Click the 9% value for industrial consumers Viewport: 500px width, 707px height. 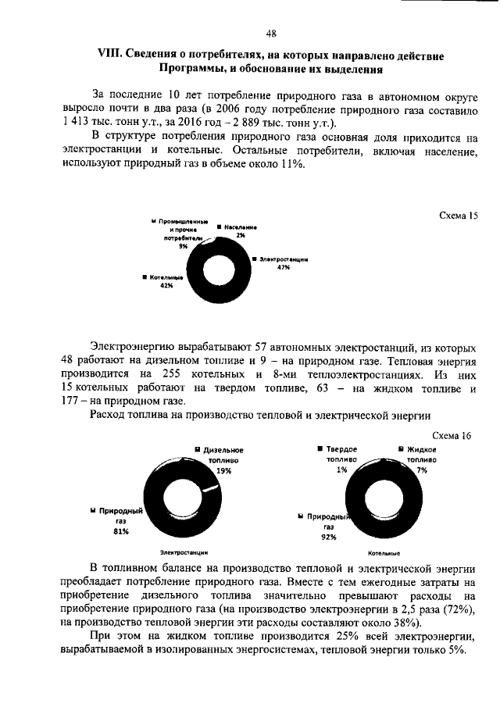pos(184,246)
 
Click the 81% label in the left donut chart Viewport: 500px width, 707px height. pos(120,531)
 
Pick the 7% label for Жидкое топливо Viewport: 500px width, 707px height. pos(422,471)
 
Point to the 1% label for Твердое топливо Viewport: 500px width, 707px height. pos(341,470)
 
